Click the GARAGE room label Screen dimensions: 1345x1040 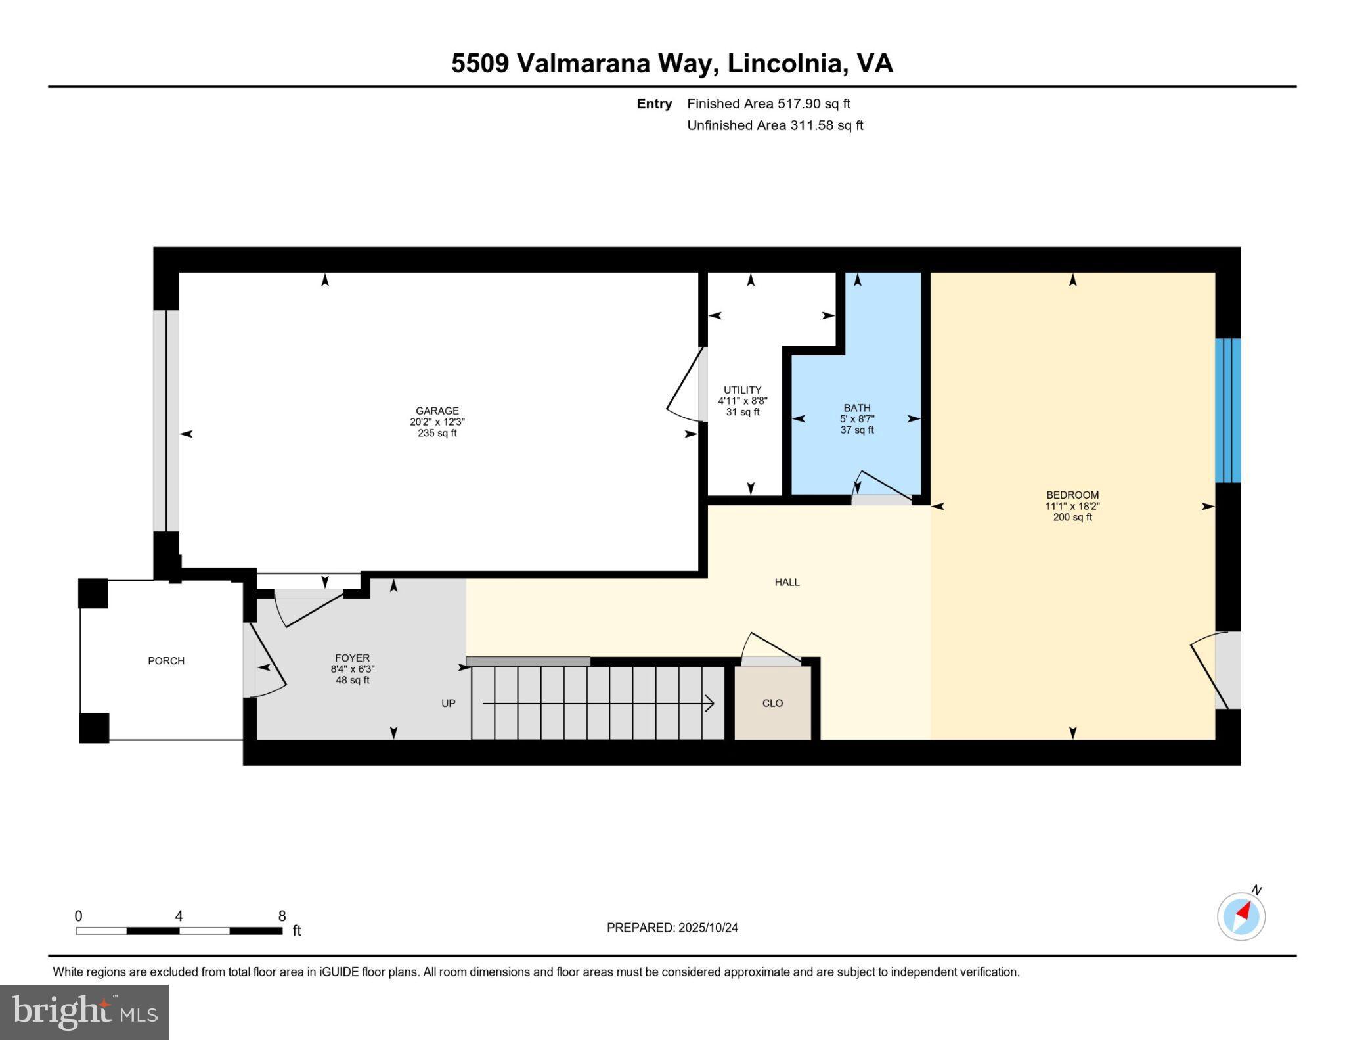point(437,411)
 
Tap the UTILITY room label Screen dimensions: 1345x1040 point(742,390)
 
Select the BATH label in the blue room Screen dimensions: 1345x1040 point(857,408)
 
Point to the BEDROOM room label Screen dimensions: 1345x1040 point(1072,495)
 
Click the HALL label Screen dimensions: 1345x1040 point(787,582)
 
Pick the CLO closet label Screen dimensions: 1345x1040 point(772,703)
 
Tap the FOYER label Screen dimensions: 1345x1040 point(352,658)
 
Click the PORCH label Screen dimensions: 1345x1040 point(166,661)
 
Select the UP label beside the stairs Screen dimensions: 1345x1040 point(449,703)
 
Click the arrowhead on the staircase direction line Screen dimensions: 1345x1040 point(710,704)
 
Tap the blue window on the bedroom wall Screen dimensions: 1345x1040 point(1227,411)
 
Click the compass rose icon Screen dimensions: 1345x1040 point(1241,916)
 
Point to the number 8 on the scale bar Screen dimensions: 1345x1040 point(282,916)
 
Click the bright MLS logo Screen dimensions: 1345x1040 point(84,1012)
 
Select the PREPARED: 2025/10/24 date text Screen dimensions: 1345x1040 point(672,928)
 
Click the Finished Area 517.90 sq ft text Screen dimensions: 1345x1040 point(768,104)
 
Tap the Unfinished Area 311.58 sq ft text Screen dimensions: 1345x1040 point(775,125)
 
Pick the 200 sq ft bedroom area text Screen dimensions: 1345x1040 point(1072,517)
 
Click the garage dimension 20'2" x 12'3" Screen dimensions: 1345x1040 point(437,422)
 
